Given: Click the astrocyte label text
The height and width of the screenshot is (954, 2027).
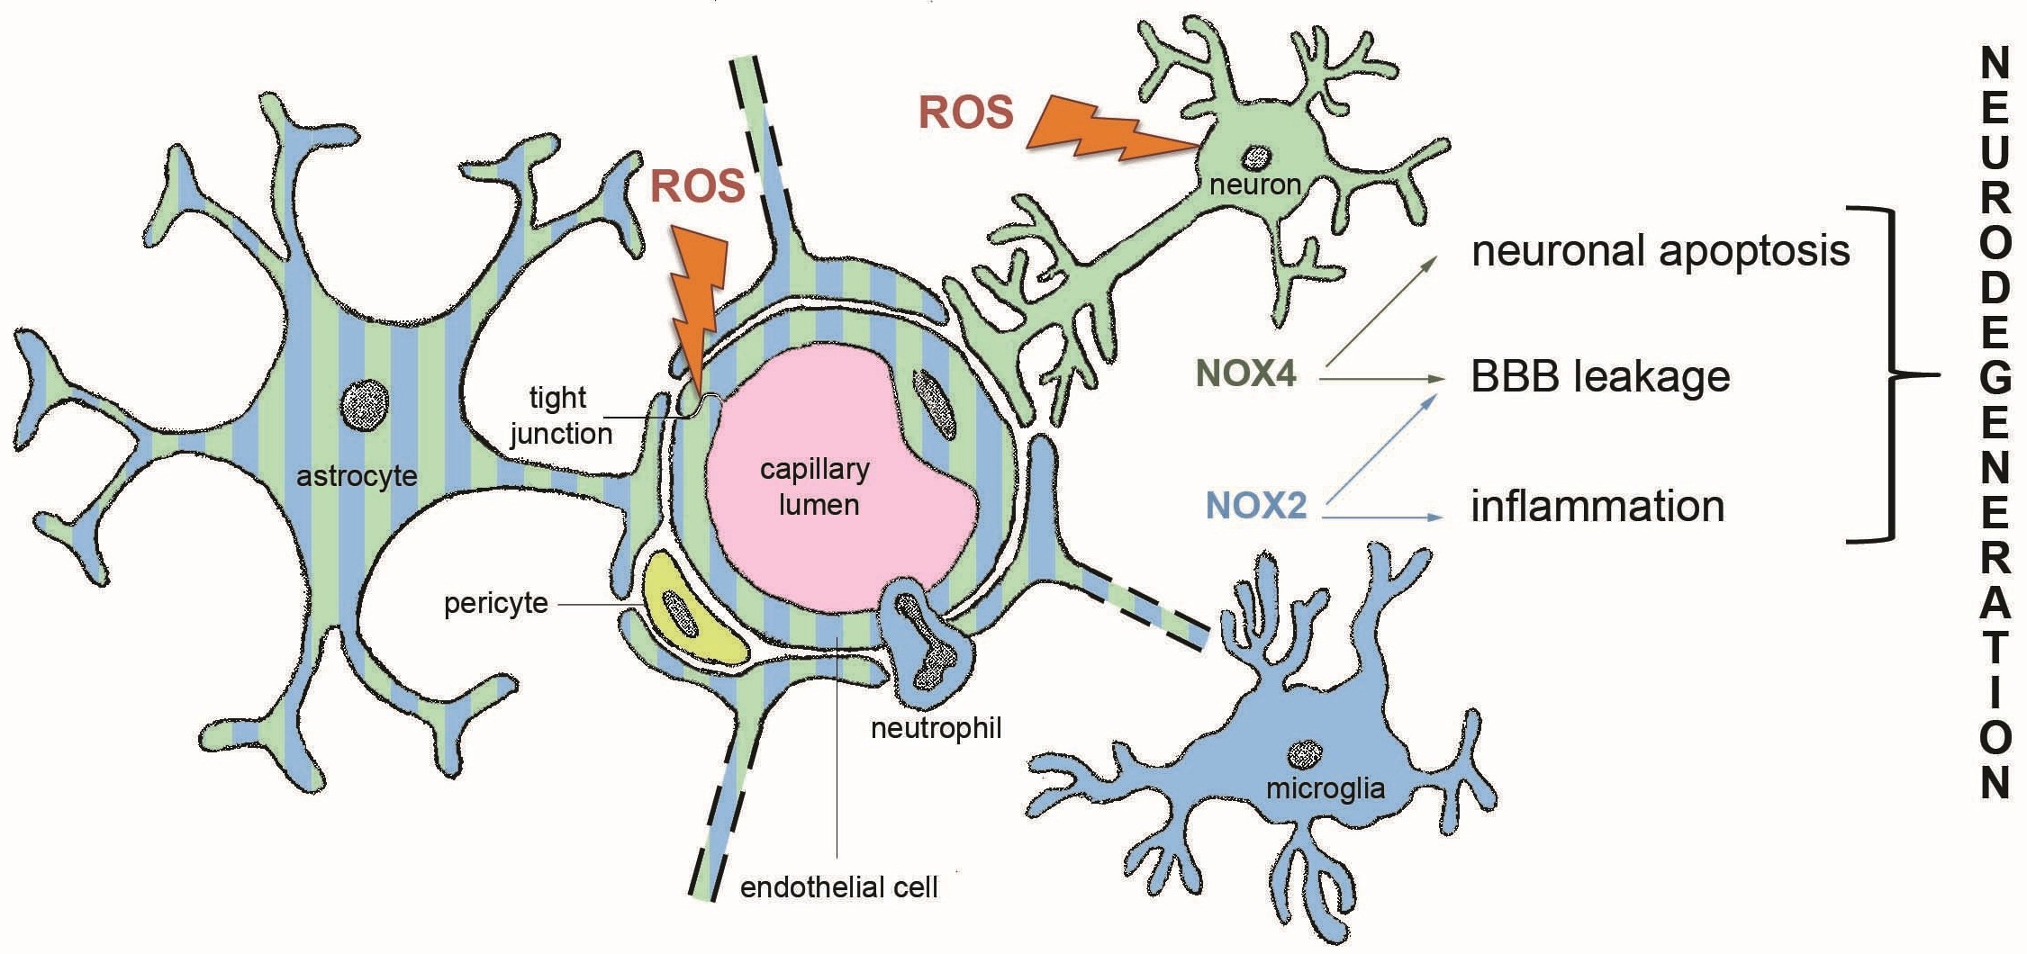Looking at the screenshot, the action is pyautogui.click(x=357, y=475).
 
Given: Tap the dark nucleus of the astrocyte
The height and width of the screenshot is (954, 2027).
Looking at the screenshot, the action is pyautogui.click(x=365, y=402).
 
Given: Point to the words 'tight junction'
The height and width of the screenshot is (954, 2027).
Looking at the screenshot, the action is pyautogui.click(x=560, y=415).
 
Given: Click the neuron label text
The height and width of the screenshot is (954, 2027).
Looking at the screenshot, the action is pyautogui.click(x=1255, y=184).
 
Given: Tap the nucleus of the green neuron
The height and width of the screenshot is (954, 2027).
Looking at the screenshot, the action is pyautogui.click(x=1254, y=157).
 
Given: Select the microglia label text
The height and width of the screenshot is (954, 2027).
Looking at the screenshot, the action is pyautogui.click(x=1326, y=788).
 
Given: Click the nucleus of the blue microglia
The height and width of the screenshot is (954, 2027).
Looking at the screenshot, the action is pyautogui.click(x=1305, y=752).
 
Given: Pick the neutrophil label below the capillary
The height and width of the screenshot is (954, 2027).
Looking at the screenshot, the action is pyautogui.click(x=936, y=727).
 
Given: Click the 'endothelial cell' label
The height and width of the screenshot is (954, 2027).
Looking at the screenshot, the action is pyautogui.click(x=839, y=887).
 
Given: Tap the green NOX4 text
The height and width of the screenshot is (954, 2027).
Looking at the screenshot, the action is pyautogui.click(x=1246, y=373).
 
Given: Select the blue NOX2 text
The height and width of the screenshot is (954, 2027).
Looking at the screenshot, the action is pyautogui.click(x=1256, y=506).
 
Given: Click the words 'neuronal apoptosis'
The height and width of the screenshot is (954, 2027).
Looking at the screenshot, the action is pyautogui.click(x=1661, y=251).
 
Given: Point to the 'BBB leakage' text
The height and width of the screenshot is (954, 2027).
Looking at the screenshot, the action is pyautogui.click(x=1600, y=376).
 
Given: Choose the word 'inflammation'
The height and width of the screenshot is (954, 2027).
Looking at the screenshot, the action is pyautogui.click(x=1598, y=506).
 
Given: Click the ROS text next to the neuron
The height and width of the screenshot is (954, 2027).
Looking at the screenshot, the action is pyautogui.click(x=966, y=112).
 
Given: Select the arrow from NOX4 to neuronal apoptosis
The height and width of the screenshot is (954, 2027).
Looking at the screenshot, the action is pyautogui.click(x=1382, y=312).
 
